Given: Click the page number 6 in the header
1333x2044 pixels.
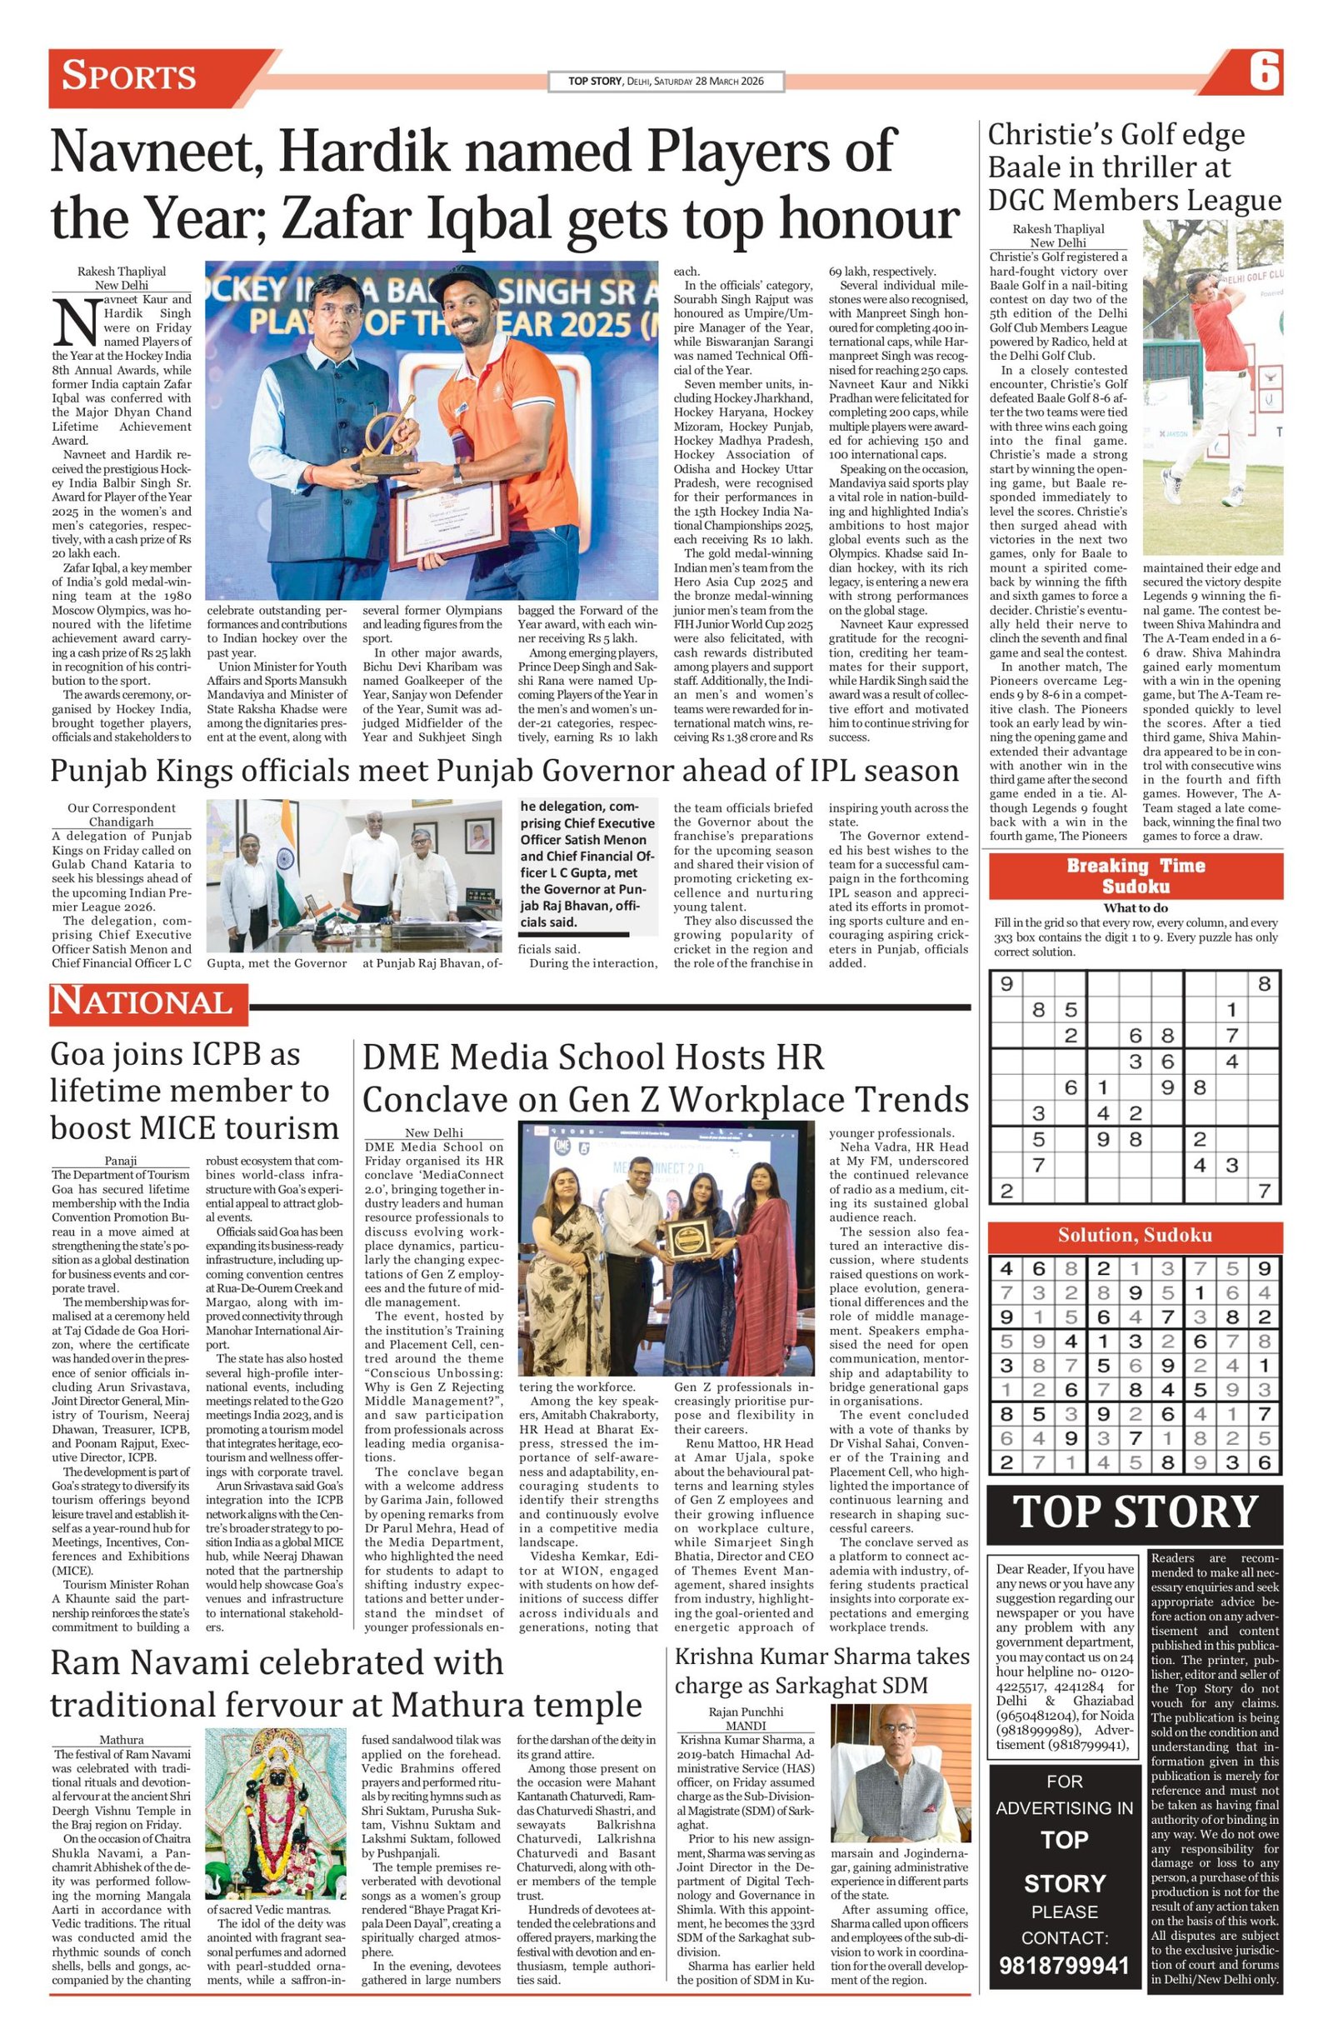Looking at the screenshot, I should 1265,72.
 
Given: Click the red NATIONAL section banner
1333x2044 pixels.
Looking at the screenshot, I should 142,1002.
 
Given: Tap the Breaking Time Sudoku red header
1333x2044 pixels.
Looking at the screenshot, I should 1135,875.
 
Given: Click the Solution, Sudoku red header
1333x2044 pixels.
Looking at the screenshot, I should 1135,1235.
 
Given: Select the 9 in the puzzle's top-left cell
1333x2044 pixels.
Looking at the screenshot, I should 1006,983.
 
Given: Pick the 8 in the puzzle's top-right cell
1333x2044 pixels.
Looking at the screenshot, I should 1263,983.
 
